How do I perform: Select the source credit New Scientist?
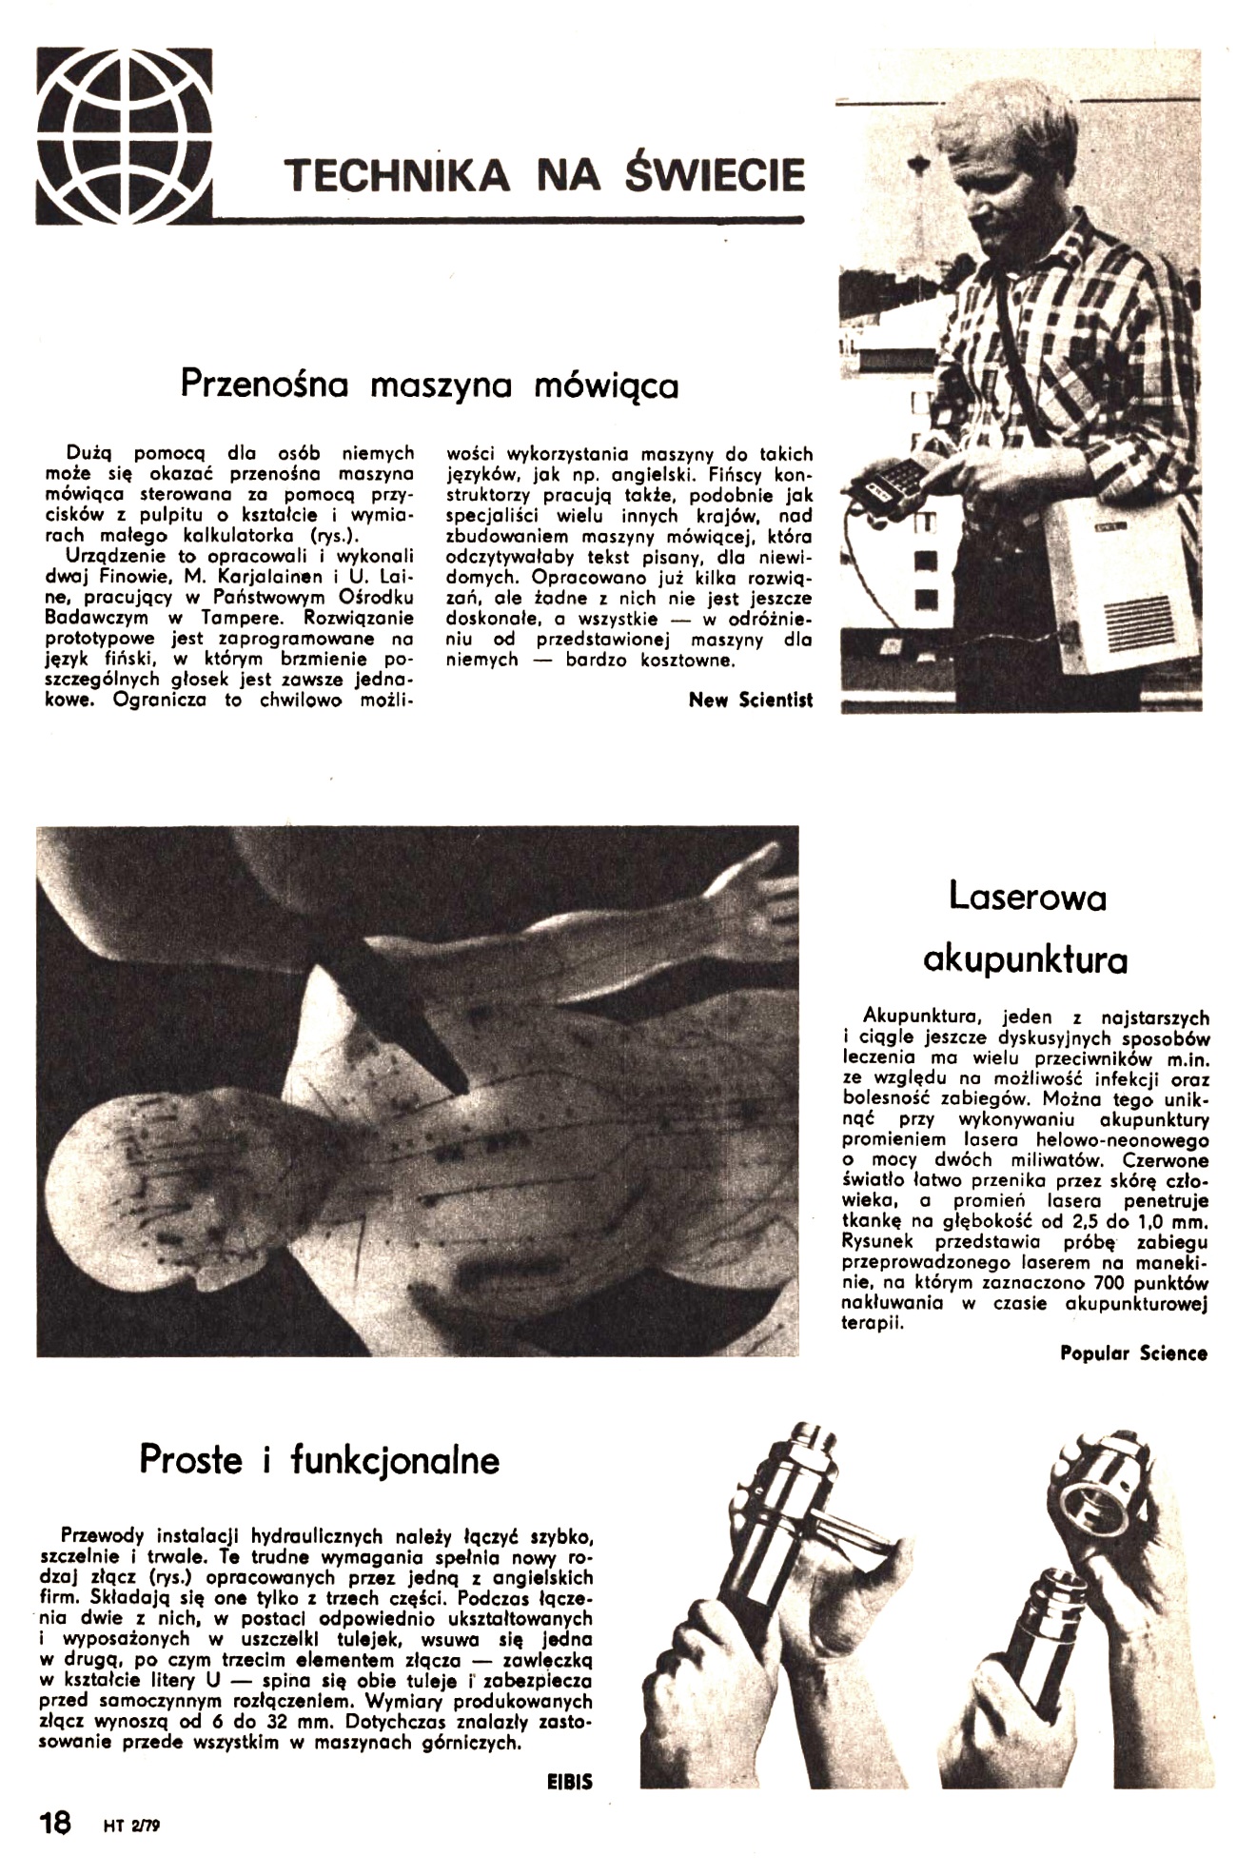(751, 701)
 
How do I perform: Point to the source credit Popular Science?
(1133, 1353)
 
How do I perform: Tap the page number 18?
(54, 1823)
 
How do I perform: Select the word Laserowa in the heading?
(1027, 898)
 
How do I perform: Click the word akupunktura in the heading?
(1026, 959)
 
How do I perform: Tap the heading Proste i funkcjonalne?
(320, 1459)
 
